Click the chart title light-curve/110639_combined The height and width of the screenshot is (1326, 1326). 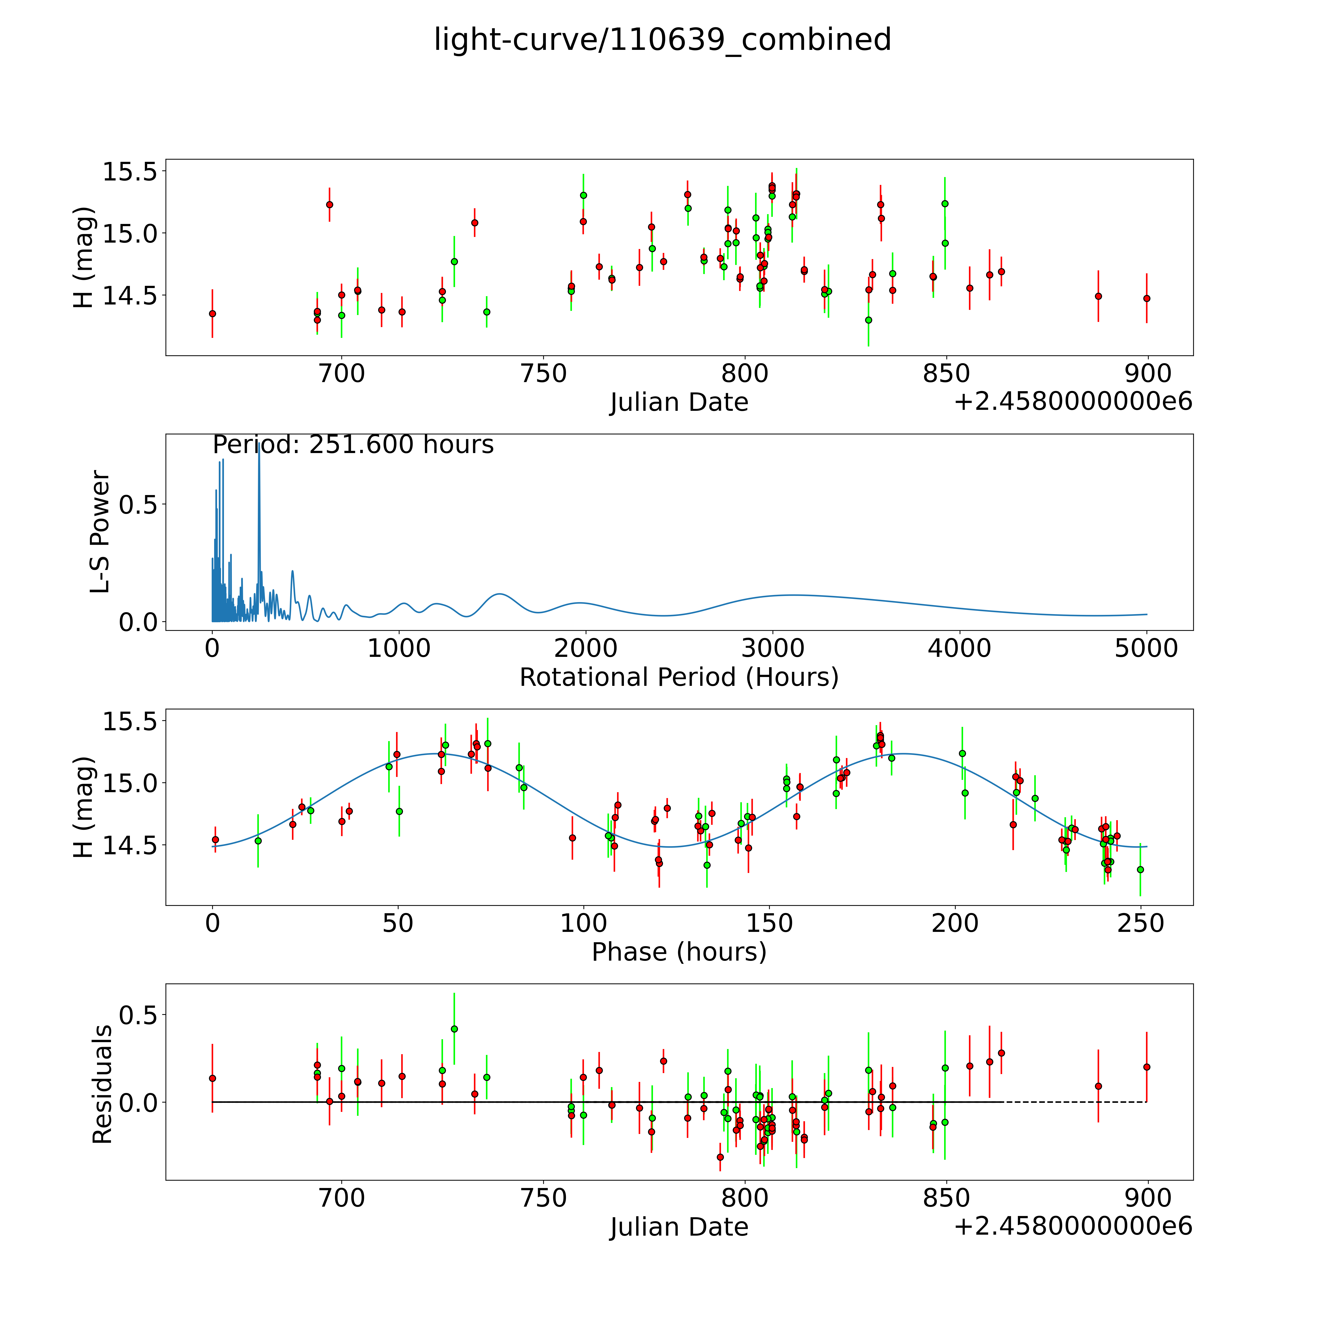(662, 40)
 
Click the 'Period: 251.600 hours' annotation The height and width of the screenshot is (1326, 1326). (353, 445)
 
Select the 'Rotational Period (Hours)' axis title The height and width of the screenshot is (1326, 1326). (679, 677)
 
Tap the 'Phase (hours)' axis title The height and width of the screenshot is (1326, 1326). (679, 952)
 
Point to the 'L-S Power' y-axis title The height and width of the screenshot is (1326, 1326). (100, 532)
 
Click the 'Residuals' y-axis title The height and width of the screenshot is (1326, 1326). (102, 1084)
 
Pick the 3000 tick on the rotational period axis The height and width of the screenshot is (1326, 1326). (773, 648)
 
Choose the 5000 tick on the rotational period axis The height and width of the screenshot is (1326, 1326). (1146, 648)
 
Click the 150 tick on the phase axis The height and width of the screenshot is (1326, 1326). (769, 923)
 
